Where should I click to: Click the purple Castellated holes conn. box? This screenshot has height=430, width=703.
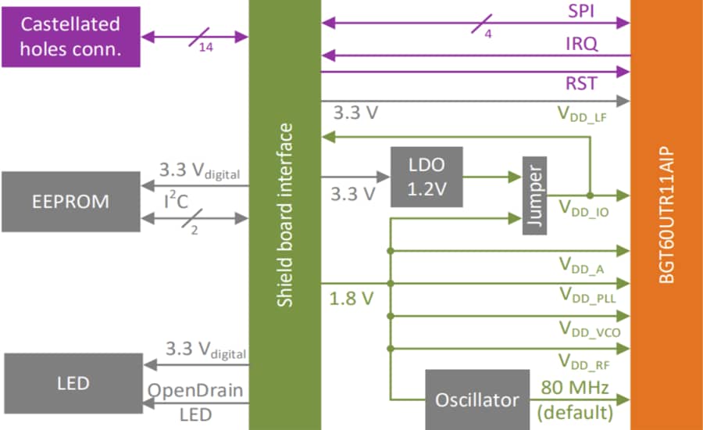[x=71, y=37]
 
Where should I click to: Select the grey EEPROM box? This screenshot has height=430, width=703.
[x=71, y=202]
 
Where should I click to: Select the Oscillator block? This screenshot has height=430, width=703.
[x=476, y=400]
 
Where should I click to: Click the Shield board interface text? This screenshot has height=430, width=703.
[x=286, y=214]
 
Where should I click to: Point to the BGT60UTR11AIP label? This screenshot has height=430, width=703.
[x=666, y=214]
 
